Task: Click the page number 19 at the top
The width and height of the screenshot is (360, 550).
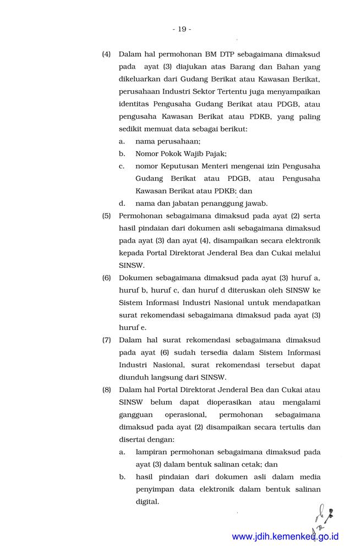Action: [x=181, y=29]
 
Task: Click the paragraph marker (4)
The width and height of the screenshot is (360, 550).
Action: [x=106, y=54]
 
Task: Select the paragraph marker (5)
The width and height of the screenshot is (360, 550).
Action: [x=106, y=216]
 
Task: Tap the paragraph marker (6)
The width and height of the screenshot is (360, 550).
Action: [x=106, y=278]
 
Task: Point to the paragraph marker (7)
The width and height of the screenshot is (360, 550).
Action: [x=106, y=340]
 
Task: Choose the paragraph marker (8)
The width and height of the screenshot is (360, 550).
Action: [x=106, y=389]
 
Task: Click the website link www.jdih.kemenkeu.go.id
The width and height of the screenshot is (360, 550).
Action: [x=285, y=536]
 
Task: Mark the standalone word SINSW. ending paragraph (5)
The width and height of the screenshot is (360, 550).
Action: [x=132, y=265]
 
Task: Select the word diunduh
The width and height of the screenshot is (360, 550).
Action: [x=135, y=377]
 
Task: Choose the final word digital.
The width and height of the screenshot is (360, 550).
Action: [x=147, y=501]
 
